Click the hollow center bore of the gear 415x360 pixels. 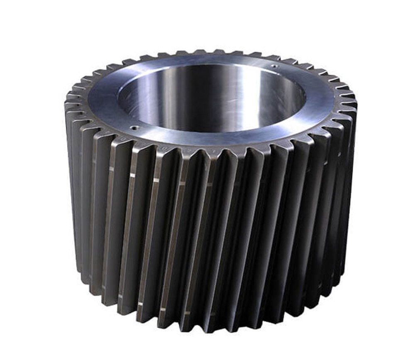coord(212,97)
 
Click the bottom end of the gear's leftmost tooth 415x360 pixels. coord(79,265)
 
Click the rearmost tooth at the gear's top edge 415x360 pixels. coord(207,52)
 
